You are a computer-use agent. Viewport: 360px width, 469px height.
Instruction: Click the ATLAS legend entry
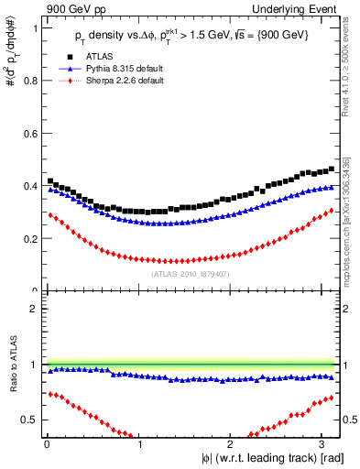[x=98, y=57]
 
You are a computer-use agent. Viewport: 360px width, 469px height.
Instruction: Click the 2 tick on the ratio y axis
[x=33, y=309]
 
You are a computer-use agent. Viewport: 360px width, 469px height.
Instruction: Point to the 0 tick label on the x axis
[x=47, y=444]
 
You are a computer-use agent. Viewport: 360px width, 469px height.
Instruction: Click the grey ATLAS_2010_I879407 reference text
[x=189, y=273]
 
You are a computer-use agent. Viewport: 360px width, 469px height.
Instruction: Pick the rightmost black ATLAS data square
[x=332, y=169]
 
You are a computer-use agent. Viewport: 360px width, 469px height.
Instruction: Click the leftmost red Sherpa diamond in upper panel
[x=49, y=214]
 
